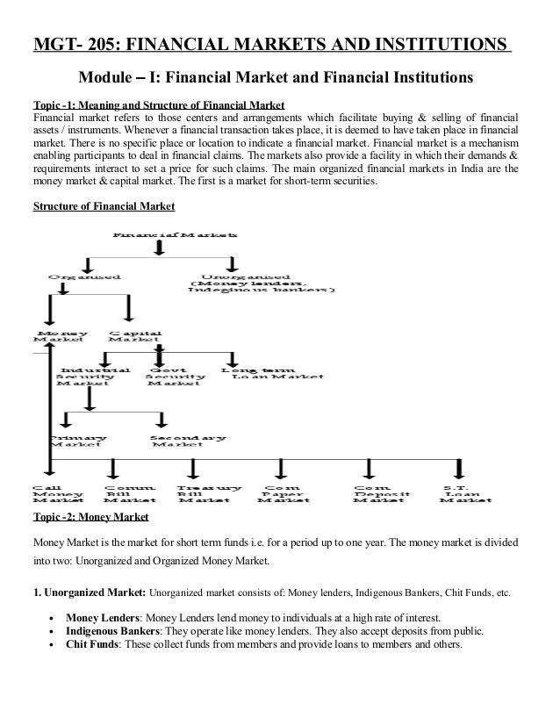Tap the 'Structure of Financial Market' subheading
click(x=104, y=207)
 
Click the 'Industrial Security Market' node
click(x=93, y=377)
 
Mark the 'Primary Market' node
click(x=78, y=441)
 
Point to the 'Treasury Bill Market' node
click(x=208, y=493)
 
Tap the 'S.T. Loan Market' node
click(x=460, y=493)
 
